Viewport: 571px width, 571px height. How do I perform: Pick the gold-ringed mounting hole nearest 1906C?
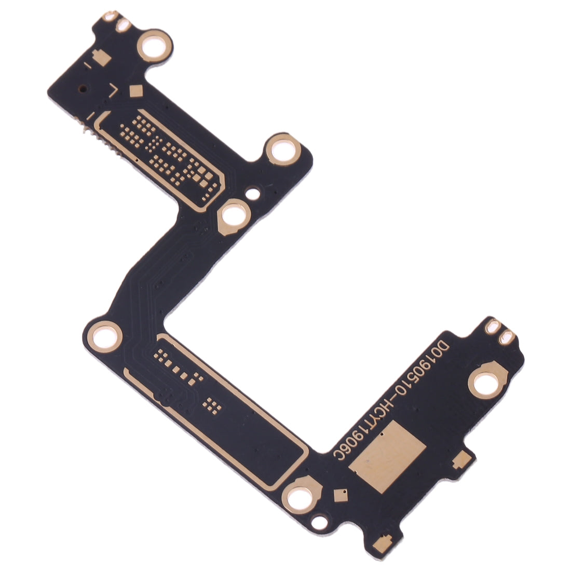click(x=300, y=499)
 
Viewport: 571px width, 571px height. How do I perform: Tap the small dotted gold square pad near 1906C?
click(x=340, y=496)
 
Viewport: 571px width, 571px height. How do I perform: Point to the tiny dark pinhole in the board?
click(x=84, y=88)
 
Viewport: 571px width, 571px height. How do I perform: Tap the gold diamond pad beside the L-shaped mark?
click(x=136, y=91)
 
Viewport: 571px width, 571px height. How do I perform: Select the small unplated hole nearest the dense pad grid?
click(x=253, y=195)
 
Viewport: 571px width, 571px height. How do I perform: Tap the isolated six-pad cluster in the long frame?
click(x=211, y=403)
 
